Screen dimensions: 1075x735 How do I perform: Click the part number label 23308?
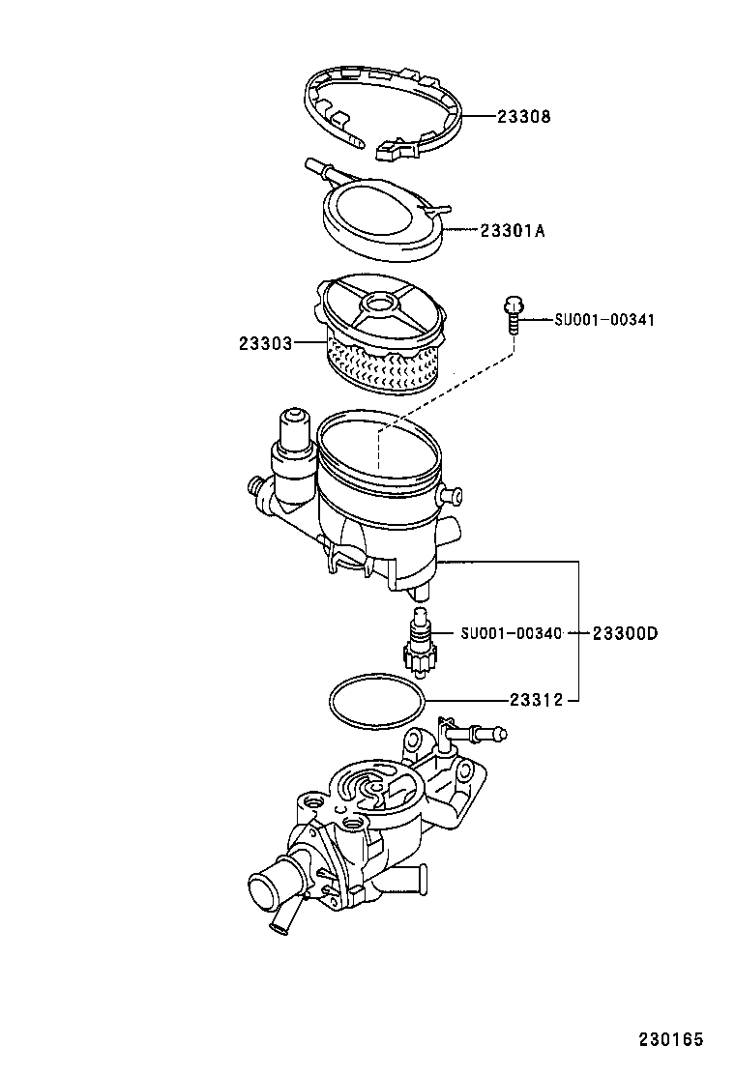(523, 117)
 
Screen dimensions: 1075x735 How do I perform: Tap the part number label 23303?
(265, 342)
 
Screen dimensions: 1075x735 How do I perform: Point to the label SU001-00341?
(604, 319)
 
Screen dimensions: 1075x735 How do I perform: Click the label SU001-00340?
(511, 633)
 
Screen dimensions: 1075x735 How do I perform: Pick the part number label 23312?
(537, 699)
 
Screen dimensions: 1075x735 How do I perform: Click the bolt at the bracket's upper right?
(487, 736)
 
